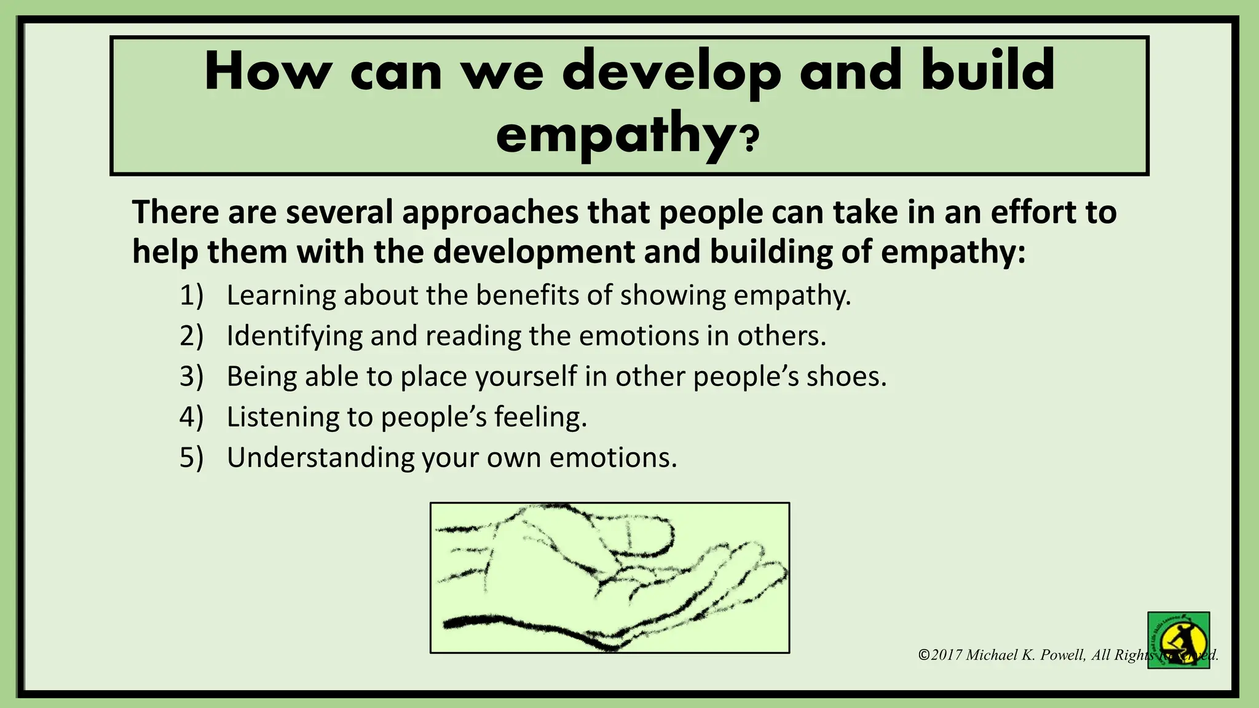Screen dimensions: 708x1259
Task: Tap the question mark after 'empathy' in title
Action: click(750, 140)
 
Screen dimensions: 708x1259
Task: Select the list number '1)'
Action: click(191, 296)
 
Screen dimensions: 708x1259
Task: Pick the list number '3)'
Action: click(191, 377)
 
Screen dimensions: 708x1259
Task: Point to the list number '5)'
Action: click(191, 458)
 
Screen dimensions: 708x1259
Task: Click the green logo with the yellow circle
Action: click(1178, 640)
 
